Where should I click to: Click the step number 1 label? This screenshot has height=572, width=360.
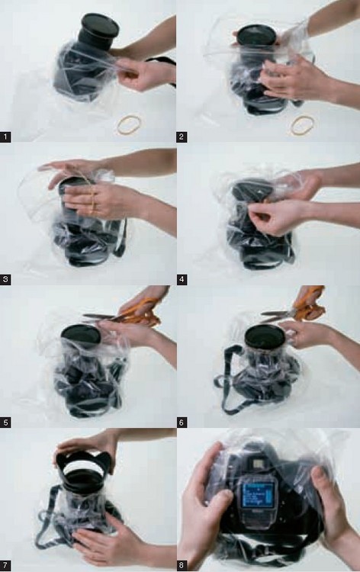pos(5,137)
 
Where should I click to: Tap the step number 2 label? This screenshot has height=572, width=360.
pos(182,137)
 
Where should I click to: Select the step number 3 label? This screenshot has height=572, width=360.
pos(5,280)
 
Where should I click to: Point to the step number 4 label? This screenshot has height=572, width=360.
pos(182,280)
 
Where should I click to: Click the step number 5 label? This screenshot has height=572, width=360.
pos(5,423)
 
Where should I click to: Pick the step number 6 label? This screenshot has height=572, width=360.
pos(182,423)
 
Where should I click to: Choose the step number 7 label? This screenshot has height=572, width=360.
pos(5,566)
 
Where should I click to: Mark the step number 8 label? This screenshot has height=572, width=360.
pos(182,566)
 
